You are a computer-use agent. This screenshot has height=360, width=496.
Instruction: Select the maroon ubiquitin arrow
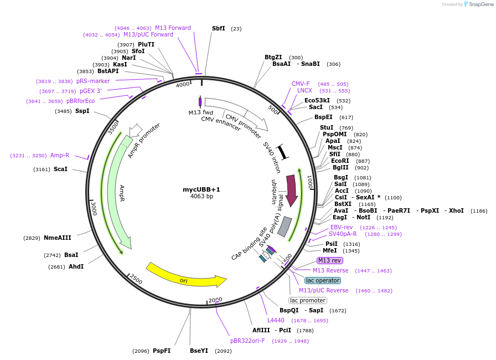point(292,191)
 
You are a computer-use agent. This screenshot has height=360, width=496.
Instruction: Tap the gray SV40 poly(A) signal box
point(285,226)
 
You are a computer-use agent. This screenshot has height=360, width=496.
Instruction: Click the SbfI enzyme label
point(219,28)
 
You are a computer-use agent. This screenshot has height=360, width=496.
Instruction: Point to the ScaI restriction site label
point(60,169)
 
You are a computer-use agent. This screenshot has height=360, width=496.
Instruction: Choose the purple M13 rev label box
point(330,260)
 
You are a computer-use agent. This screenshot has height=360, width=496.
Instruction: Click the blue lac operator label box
point(323,280)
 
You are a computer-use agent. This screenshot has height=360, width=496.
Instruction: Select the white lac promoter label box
point(308,300)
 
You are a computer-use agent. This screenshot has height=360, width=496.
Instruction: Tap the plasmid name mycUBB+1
point(201,189)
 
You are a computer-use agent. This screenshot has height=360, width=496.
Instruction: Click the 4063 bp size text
point(201,197)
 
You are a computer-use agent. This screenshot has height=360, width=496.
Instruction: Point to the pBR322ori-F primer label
point(247,341)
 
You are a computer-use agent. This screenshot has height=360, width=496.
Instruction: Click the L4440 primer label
point(276,320)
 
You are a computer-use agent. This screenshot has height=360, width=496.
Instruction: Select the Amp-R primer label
point(60,156)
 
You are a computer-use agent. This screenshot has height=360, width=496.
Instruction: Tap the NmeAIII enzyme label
point(58,238)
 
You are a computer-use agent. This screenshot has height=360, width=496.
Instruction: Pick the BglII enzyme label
point(340,168)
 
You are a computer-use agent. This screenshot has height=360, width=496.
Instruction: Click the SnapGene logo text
point(479,4)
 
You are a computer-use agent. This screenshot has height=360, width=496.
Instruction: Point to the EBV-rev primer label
point(342,227)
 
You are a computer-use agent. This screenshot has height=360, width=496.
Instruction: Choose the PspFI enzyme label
point(162,351)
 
